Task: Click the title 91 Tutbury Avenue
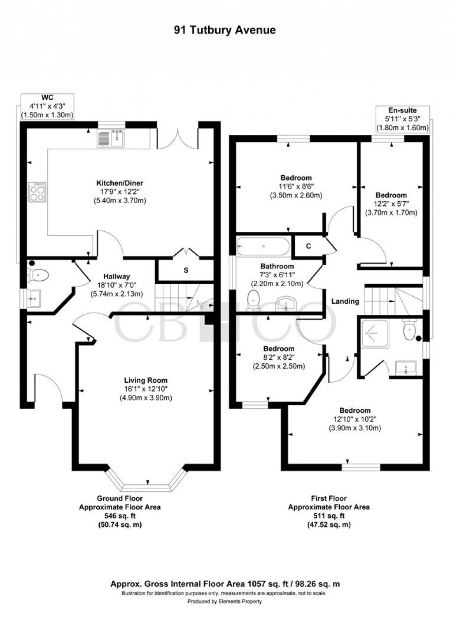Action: click(x=225, y=30)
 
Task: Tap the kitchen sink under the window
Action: click(x=111, y=139)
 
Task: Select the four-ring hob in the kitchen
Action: click(x=37, y=192)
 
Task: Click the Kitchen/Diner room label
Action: click(x=120, y=183)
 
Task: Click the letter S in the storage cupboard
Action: click(x=186, y=270)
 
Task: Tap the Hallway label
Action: click(x=116, y=276)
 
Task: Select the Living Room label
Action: click(x=146, y=380)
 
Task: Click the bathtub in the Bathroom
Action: click(x=263, y=246)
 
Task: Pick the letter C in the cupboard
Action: click(x=308, y=246)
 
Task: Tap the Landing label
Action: click(x=345, y=301)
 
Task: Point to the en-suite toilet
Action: click(x=409, y=329)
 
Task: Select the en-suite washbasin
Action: click(x=406, y=368)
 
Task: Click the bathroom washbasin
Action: click(x=286, y=304)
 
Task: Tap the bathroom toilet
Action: click(x=254, y=300)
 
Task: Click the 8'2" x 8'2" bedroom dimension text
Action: click(x=279, y=357)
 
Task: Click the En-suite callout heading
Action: click(x=402, y=110)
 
